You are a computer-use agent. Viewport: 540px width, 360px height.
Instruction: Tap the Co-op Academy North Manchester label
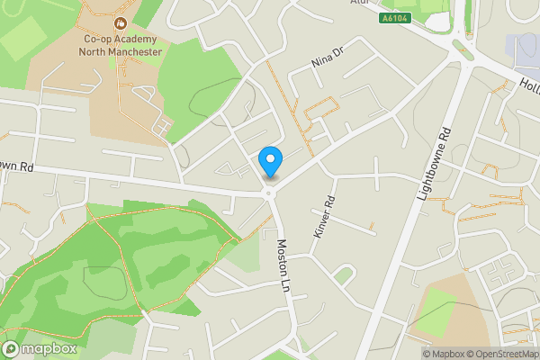(x=122, y=46)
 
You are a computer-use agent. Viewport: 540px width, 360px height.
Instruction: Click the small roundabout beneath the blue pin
(x=268, y=192)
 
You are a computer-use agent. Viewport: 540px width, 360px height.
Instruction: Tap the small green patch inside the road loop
(x=343, y=274)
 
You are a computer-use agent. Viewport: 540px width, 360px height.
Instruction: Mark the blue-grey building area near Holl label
(x=521, y=52)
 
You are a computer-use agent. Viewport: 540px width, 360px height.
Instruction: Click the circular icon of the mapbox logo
(x=11, y=348)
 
